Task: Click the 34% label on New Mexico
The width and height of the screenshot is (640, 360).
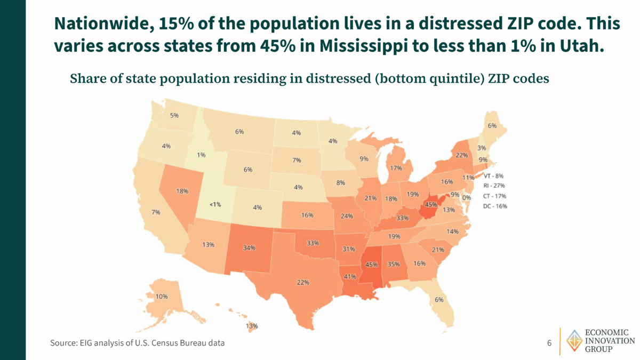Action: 249,247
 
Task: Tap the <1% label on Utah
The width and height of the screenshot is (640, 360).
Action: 215,204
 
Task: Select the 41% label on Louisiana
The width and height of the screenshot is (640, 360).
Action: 350,276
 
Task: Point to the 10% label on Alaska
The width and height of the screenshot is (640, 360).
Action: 162,296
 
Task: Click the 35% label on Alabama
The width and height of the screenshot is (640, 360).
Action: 394,264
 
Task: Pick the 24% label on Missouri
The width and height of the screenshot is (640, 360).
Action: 347,216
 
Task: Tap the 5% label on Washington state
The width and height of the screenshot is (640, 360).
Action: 174,115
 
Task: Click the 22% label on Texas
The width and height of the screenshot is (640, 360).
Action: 303,282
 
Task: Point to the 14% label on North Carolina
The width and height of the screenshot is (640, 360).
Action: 452,231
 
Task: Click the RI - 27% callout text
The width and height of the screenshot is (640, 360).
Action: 494,186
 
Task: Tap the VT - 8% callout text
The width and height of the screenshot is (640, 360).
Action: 494,175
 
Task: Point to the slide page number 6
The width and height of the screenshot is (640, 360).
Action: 549,342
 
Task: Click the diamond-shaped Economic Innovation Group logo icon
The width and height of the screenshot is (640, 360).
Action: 574,340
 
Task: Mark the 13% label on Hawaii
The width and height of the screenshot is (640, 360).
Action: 252,326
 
